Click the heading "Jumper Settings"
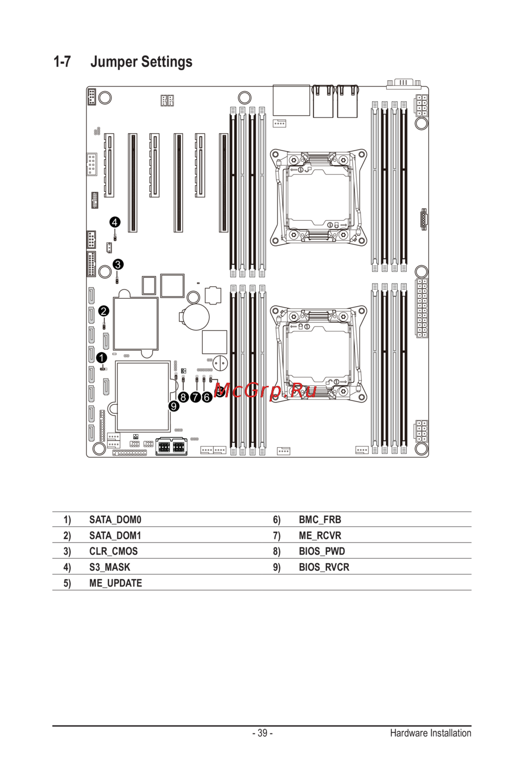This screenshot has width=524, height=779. coord(141,62)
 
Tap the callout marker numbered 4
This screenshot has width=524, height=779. coord(115,222)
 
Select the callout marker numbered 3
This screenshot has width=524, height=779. coord(118,264)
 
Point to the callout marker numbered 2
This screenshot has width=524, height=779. coord(104,311)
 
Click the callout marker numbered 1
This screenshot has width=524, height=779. coord(102,358)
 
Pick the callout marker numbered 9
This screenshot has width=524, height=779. coord(174,406)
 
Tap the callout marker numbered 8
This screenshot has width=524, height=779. coord(183,397)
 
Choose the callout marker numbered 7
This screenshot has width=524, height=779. coord(195,397)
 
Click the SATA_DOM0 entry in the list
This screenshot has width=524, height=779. coord(115,520)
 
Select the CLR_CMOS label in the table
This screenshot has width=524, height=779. coord(113,551)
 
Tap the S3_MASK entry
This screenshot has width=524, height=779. coord(110,567)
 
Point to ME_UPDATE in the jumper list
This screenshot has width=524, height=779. coord(115,583)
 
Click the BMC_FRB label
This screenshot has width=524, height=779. coord(320,520)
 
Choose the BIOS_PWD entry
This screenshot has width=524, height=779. coord(322,551)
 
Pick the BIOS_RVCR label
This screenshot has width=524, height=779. coord(324,567)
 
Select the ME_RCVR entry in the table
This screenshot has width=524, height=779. coord(320,535)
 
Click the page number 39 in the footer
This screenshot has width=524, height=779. coord(263,733)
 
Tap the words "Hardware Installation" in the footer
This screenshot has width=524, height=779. coord(430,733)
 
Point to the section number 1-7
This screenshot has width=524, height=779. coord(62,62)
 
